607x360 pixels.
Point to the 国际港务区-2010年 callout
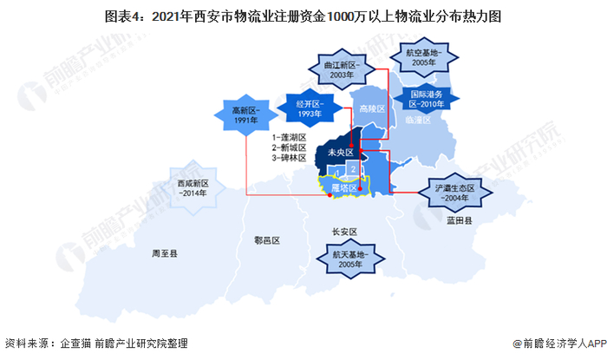pos(427,99)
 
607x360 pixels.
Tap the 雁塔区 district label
pos(343,185)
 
